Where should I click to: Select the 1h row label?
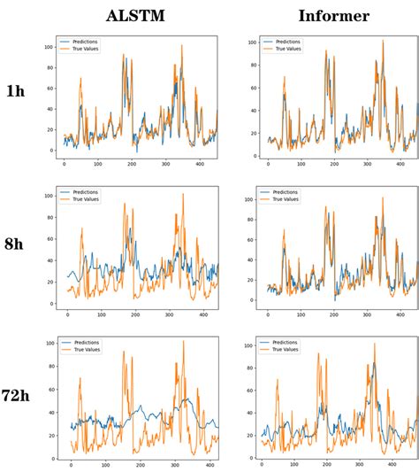point(16,91)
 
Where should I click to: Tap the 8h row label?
point(16,244)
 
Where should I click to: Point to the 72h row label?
point(18,397)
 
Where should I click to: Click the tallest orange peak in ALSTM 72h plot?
point(184,342)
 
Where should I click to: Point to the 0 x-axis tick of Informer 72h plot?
point(263,466)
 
